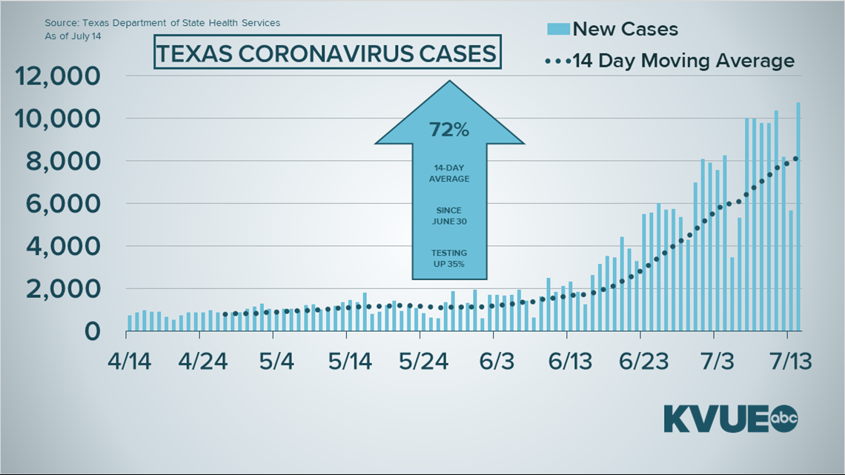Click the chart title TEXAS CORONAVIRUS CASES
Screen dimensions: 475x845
point(327,55)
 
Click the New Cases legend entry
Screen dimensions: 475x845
point(612,29)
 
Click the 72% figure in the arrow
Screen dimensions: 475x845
point(449,130)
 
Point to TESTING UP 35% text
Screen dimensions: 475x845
point(449,258)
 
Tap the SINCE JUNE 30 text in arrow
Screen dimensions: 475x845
point(449,216)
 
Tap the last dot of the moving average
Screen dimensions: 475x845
point(795,158)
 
